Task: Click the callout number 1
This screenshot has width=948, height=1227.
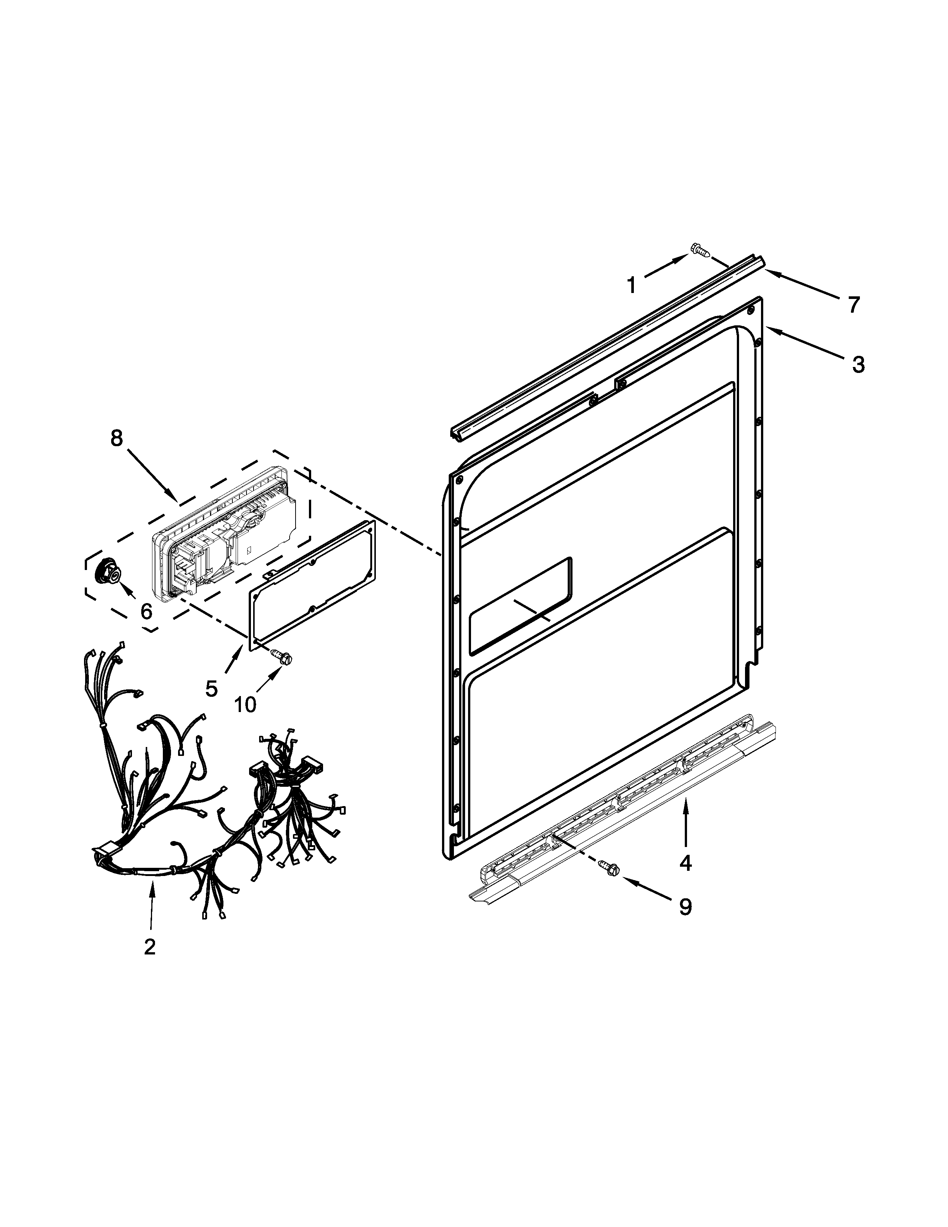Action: [x=632, y=286]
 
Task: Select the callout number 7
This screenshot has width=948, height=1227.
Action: [x=853, y=305]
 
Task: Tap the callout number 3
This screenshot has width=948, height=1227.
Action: [x=858, y=365]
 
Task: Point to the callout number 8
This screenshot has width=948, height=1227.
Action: [x=116, y=438]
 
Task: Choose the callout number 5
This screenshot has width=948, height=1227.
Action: [x=211, y=687]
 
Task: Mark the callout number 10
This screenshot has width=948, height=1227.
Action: [x=245, y=703]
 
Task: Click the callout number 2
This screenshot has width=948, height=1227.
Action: [x=149, y=947]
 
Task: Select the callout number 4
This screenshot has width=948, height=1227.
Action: [x=685, y=862]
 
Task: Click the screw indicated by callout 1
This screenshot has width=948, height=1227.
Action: [x=699, y=249]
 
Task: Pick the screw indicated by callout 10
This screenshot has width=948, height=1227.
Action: [x=281, y=655]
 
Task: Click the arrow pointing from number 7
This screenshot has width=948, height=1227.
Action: [x=803, y=284]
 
